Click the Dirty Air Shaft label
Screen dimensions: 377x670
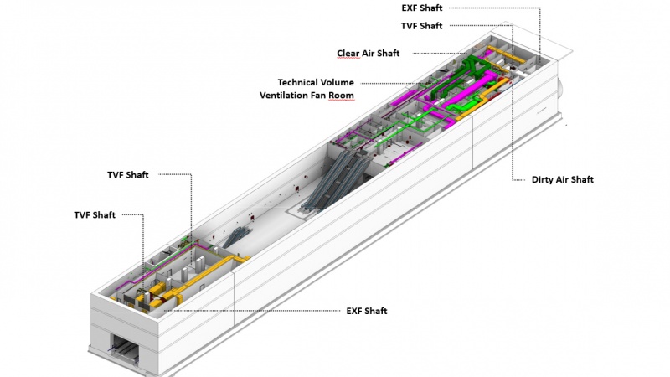coord(563,179)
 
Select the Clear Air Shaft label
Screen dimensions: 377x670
coord(368,54)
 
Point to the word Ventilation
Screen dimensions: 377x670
coord(286,96)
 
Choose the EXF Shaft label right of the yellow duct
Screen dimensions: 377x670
coord(367,311)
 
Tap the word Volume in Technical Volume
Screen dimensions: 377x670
coord(338,82)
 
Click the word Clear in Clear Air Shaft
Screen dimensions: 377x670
coord(348,54)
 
